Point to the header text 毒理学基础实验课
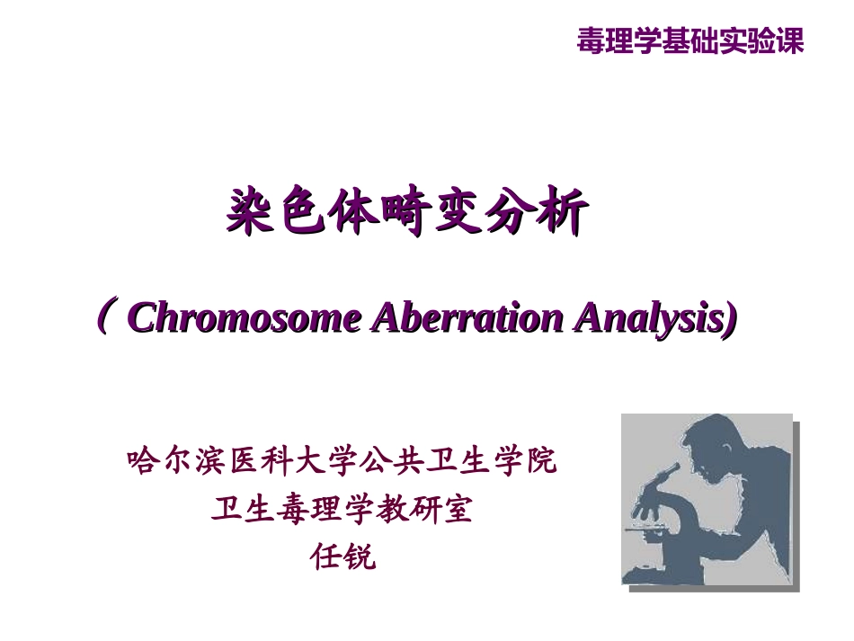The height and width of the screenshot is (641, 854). pyautogui.click(x=689, y=40)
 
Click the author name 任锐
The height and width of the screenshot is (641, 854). pyautogui.click(x=342, y=556)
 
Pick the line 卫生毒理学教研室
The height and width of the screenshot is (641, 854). pyautogui.click(x=342, y=510)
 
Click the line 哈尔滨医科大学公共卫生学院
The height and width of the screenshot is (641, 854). pyautogui.click(x=342, y=462)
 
